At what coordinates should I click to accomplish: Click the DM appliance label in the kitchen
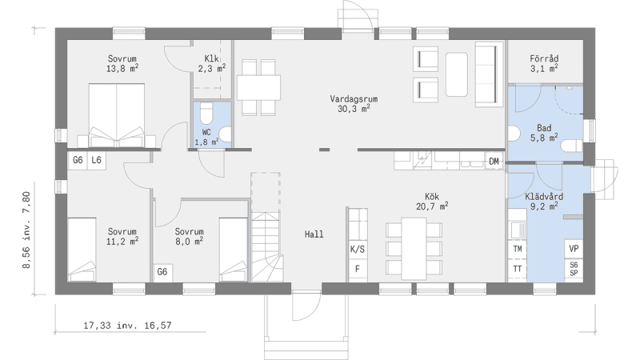(494, 162)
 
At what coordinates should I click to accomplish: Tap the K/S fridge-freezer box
(358, 250)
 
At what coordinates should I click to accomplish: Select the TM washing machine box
(518, 249)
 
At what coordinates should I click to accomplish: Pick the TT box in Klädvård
(518, 269)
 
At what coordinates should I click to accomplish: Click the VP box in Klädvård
(574, 249)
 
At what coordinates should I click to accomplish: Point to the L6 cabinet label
(96, 160)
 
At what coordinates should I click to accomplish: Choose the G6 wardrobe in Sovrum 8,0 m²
(162, 272)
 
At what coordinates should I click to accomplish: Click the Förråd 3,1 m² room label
(544, 64)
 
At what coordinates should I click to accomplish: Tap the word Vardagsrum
(354, 98)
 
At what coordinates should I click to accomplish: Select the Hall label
(314, 234)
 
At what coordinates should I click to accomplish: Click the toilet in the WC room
(206, 113)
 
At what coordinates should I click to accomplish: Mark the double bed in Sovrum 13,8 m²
(117, 115)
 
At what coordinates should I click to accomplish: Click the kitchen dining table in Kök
(414, 249)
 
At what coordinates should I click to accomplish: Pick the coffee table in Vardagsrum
(457, 74)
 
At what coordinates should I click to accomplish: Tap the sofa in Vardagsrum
(489, 74)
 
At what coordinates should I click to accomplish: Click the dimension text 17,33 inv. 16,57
(127, 326)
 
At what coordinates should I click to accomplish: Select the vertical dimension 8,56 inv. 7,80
(26, 230)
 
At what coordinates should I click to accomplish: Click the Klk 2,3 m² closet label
(212, 63)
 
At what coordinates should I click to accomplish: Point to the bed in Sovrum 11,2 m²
(82, 250)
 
